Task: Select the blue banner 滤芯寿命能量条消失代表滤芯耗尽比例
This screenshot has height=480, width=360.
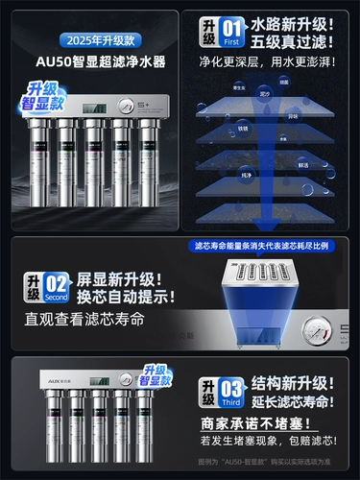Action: coord(264,247)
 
